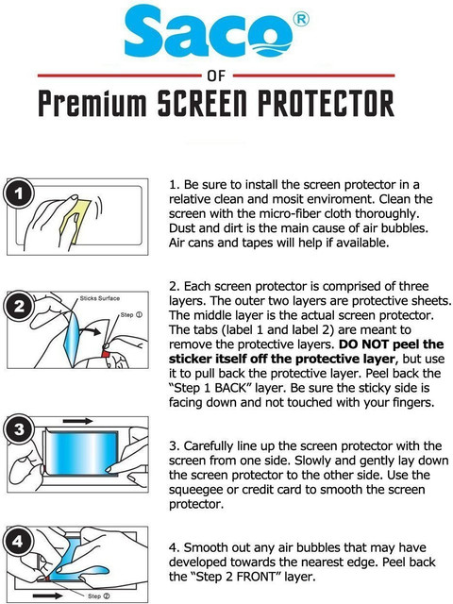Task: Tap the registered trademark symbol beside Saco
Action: (x=301, y=19)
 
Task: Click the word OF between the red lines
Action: (x=216, y=75)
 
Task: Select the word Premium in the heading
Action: (x=92, y=103)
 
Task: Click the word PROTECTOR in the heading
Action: (x=326, y=103)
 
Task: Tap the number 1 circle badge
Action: (x=18, y=193)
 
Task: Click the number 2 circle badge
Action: (x=18, y=306)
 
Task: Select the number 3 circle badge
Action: (x=18, y=430)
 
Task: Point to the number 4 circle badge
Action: (x=17, y=542)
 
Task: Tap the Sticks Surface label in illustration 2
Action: (x=100, y=298)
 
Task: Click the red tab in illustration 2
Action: (x=106, y=354)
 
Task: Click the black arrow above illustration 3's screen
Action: (x=77, y=421)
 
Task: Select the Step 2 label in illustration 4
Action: (x=98, y=596)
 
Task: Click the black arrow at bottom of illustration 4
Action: (x=48, y=596)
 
